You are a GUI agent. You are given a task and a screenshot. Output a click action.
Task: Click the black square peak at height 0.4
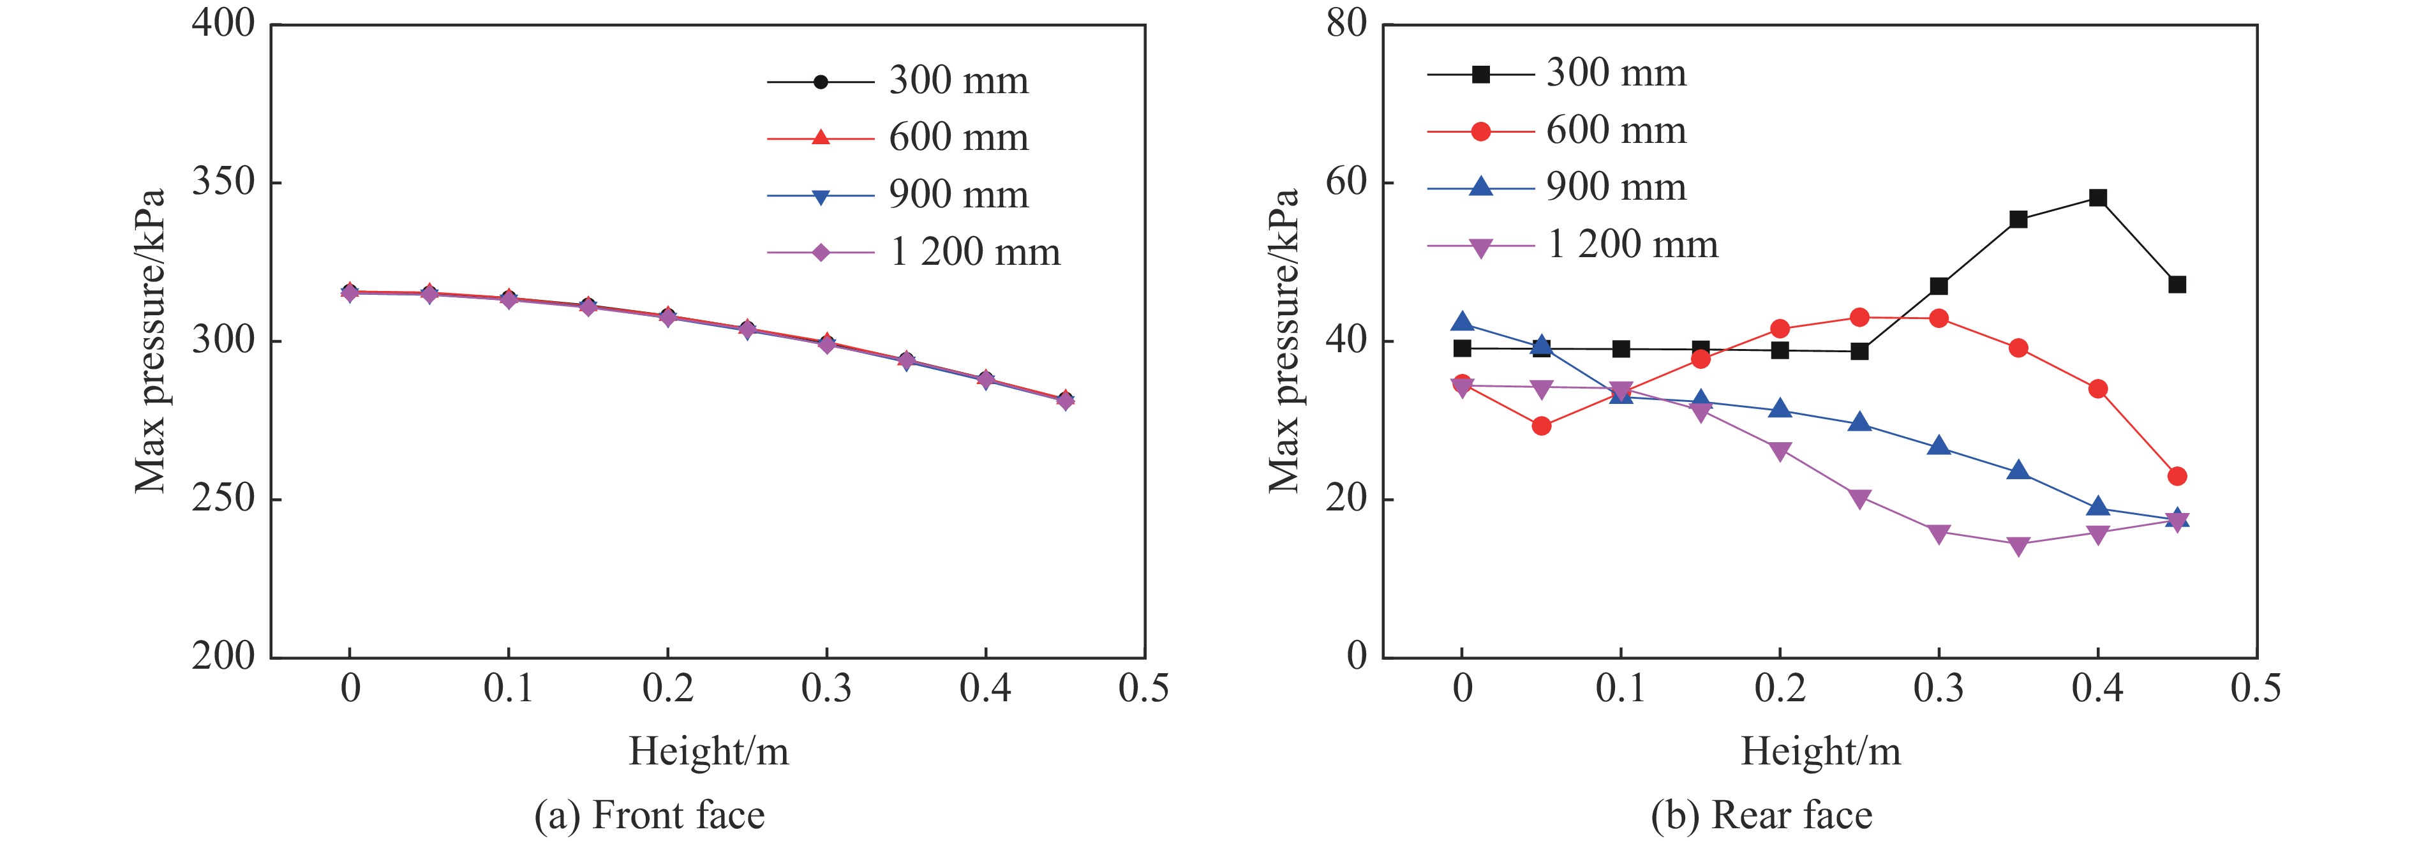(x=2097, y=198)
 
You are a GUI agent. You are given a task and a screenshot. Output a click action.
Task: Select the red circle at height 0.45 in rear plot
(x=2177, y=477)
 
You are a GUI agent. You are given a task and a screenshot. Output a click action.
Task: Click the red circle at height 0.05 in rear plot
(x=1541, y=426)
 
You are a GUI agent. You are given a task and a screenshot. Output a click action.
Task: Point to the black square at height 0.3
(x=1939, y=286)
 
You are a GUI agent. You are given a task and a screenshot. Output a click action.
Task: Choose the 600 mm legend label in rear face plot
(x=1616, y=131)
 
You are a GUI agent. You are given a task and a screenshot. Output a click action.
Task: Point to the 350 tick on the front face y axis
(x=223, y=182)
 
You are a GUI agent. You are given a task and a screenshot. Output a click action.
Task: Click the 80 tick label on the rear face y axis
(x=1346, y=24)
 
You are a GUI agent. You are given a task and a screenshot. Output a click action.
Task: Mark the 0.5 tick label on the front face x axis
(x=1143, y=688)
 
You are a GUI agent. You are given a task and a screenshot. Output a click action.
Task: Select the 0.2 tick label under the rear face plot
(x=1779, y=688)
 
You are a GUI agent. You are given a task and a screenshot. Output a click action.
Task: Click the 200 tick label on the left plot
(x=223, y=657)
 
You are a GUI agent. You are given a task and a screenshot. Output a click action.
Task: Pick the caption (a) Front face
(x=649, y=815)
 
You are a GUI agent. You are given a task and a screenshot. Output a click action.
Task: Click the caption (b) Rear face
(x=1761, y=815)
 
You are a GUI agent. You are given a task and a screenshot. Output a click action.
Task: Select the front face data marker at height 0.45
(x=1064, y=400)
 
